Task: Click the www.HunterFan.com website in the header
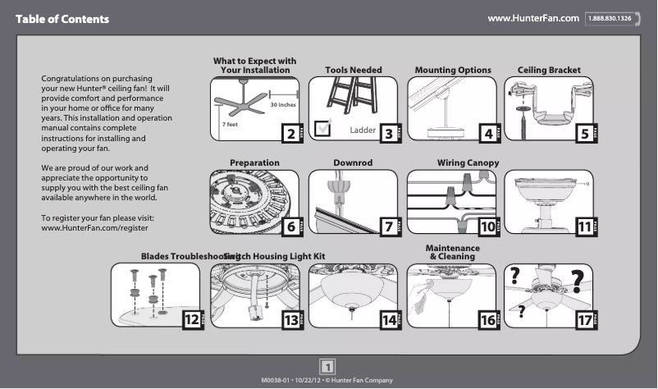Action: coord(533,18)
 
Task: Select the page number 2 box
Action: coord(289,133)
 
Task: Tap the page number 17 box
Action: coord(585,321)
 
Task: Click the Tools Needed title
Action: coord(353,71)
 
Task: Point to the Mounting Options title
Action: coord(453,71)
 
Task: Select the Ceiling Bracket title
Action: coord(549,71)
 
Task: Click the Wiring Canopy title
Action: coord(468,163)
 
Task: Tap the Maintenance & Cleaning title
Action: coord(452,252)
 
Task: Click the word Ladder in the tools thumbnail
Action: coord(362,130)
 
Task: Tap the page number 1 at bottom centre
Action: coord(327,367)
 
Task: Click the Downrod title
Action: coord(353,163)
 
